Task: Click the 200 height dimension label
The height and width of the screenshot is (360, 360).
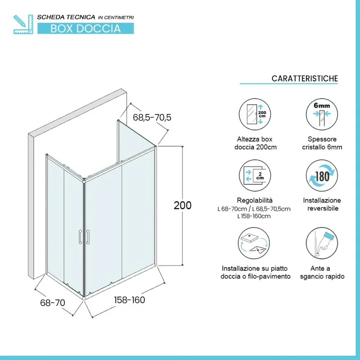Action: coord(183,206)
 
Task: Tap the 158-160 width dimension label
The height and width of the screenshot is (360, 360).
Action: coord(130,300)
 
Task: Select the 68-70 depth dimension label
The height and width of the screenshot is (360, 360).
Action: coord(53,303)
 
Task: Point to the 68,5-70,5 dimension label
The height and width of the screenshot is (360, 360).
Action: coord(152,117)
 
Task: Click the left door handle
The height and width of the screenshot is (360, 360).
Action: coord(80,237)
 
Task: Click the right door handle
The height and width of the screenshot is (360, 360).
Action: coord(88,237)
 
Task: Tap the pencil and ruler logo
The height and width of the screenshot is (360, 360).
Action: coord(23,24)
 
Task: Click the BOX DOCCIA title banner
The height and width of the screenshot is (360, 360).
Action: coord(85,28)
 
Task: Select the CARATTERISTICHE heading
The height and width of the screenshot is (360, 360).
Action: coord(305,78)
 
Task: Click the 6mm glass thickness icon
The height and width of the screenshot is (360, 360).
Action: coord(322,114)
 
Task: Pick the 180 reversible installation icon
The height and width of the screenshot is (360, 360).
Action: coord(322,175)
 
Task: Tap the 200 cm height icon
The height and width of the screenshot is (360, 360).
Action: coord(255,114)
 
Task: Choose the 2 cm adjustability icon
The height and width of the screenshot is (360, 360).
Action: coord(255,175)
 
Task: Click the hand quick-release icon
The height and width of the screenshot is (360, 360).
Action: coord(322,243)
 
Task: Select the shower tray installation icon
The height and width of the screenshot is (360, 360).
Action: coord(254,243)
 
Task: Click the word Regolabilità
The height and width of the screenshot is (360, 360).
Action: coord(255,200)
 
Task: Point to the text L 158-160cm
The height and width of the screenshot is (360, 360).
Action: coord(254,216)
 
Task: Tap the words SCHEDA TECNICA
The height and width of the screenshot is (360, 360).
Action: coord(66,17)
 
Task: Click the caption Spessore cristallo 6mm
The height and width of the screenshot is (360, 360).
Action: coord(322,143)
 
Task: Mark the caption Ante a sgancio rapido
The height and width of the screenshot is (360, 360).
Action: coord(322,272)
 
